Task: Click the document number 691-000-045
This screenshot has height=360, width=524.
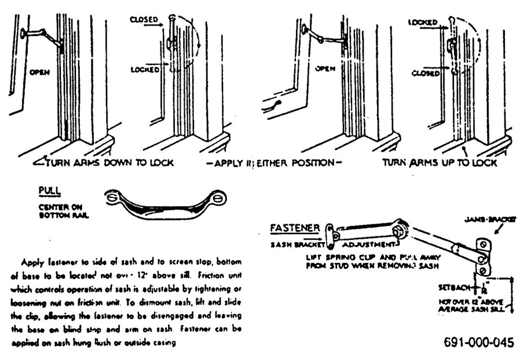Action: [478, 342]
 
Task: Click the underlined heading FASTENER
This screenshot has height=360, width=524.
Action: [294, 228]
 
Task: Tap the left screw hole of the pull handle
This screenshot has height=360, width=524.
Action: [112, 197]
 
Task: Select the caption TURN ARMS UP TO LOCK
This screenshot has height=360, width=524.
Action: [440, 163]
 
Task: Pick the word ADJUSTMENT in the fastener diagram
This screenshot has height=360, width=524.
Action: [369, 245]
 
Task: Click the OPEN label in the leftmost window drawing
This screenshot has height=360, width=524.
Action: [39, 72]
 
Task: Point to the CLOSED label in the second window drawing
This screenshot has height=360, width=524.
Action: [144, 20]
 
